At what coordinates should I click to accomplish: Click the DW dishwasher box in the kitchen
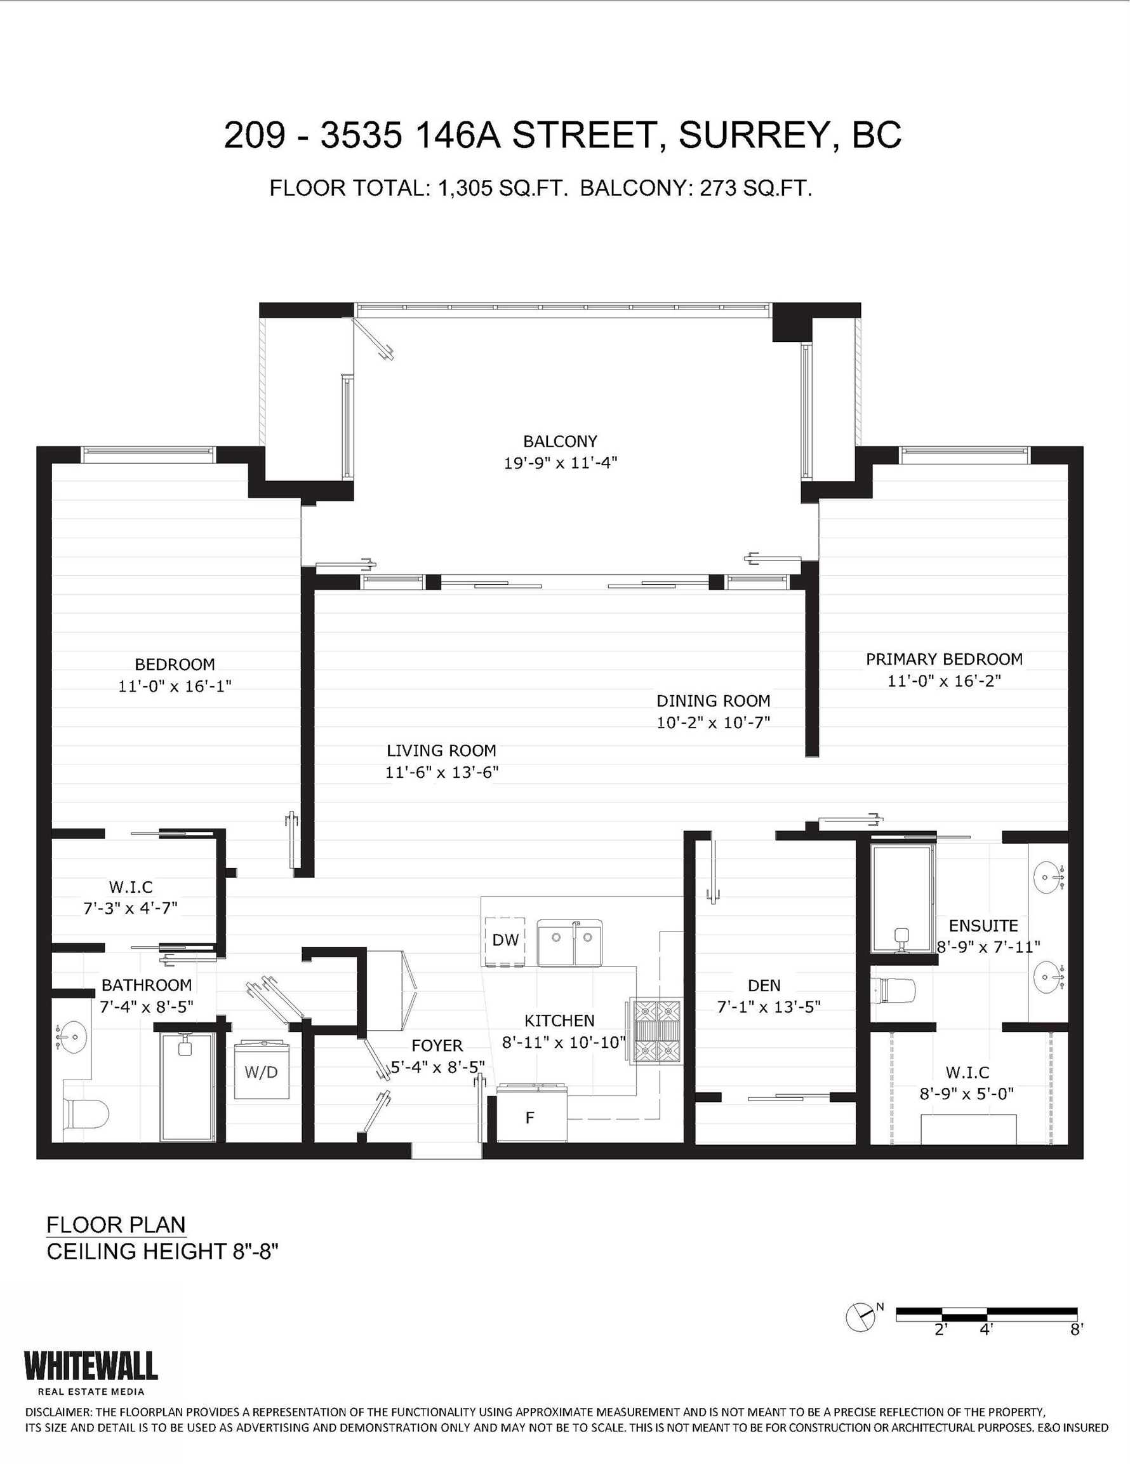point(505,940)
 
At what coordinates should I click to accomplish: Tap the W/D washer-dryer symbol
point(260,1071)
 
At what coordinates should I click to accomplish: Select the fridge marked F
point(531,1118)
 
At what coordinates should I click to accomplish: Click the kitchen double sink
point(570,942)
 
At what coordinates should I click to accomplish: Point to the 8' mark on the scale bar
point(1076,1329)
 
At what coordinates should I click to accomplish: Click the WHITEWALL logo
point(90,1366)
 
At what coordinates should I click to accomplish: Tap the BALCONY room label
point(560,441)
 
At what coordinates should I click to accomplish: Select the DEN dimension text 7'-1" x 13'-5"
point(768,1007)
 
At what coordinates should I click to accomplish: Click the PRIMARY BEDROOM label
point(944,659)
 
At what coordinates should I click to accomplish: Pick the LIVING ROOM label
point(441,751)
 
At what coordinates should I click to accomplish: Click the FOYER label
point(437,1045)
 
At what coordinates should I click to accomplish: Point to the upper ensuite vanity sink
point(1047,876)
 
